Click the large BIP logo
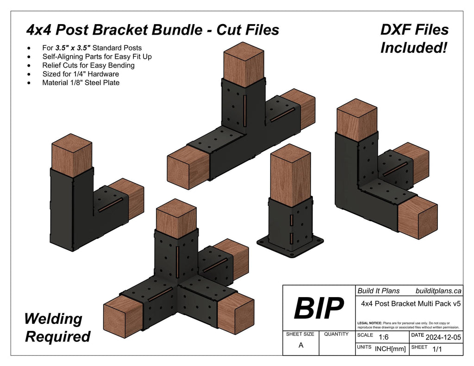point(318,308)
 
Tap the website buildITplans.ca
point(438,291)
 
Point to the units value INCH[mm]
point(390,349)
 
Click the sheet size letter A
point(301,346)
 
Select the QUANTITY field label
point(336,334)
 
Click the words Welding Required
point(57,328)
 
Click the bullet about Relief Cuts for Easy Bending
point(88,65)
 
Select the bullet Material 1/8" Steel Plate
point(81,83)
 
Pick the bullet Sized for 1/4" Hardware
point(80,74)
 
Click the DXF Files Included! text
point(414,38)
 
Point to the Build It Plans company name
point(379,291)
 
